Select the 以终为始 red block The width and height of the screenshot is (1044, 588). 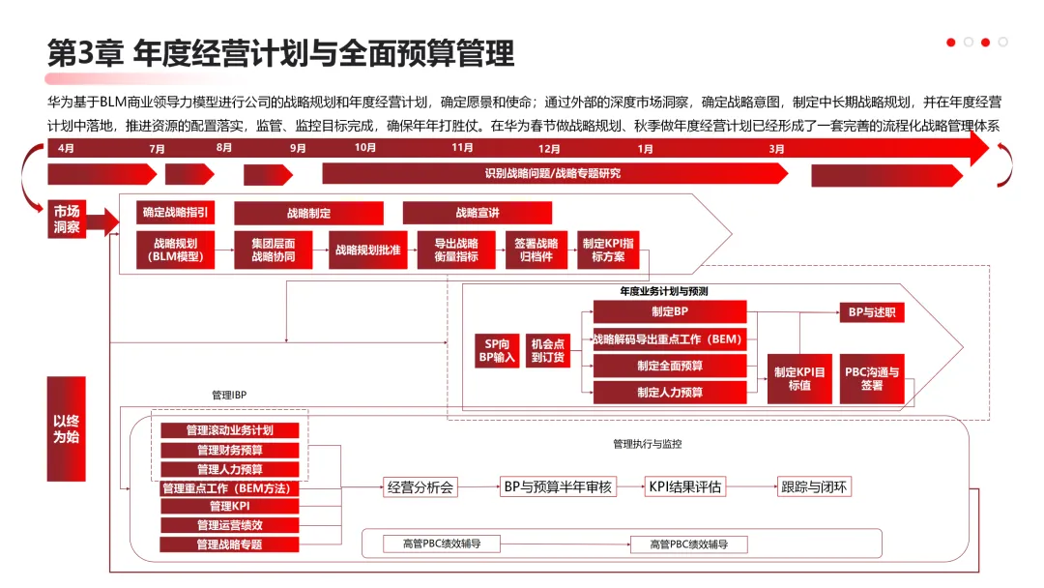click(66, 429)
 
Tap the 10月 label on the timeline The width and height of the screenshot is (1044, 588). click(365, 148)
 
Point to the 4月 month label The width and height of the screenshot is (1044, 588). click(66, 148)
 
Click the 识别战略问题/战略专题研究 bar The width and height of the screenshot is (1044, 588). click(554, 174)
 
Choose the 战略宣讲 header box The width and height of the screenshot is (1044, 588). click(477, 213)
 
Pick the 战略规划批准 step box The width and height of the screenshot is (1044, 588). click(368, 250)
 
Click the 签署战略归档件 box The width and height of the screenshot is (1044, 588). click(535, 250)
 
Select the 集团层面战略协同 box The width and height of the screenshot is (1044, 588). click(274, 250)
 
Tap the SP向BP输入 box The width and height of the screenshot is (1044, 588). click(497, 350)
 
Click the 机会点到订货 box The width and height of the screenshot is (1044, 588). click(547, 350)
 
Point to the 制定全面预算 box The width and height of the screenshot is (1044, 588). click(670, 366)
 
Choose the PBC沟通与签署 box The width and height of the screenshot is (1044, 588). click(872, 378)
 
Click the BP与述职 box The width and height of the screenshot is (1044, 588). click(872, 312)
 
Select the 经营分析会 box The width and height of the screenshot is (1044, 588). click(420, 487)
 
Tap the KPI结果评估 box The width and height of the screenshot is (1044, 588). click(684, 487)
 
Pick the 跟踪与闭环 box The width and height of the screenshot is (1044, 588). click(814, 487)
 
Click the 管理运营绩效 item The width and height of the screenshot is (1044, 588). click(229, 525)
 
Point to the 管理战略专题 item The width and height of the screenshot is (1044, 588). click(229, 544)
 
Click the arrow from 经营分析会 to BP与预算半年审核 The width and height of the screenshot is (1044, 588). click(479, 487)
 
